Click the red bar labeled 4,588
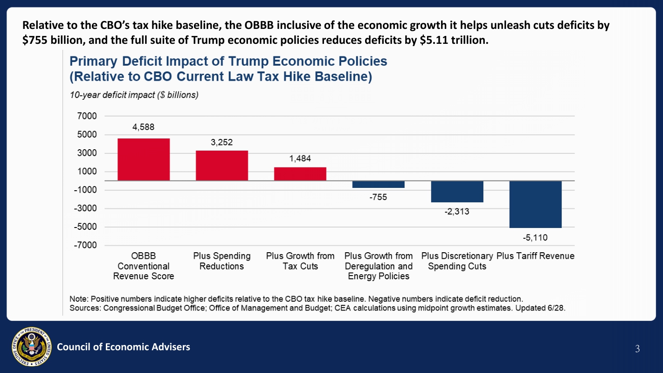[144, 159]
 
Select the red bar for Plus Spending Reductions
[222, 166]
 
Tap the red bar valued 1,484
[300, 174]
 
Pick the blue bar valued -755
[378, 184]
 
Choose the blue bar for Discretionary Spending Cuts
[457, 192]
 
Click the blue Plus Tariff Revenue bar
[535, 204]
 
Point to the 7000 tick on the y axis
[87, 116]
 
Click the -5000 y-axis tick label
[85, 227]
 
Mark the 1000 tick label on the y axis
[87, 172]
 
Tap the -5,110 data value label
[535, 238]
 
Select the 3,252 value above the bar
[221, 142]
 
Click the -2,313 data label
[457, 212]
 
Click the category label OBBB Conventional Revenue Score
[144, 266]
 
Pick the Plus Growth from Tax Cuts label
[300, 261]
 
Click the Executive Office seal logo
[32, 346]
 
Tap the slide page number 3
[637, 349]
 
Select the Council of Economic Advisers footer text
[124, 346]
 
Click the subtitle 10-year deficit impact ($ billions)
[134, 95]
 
